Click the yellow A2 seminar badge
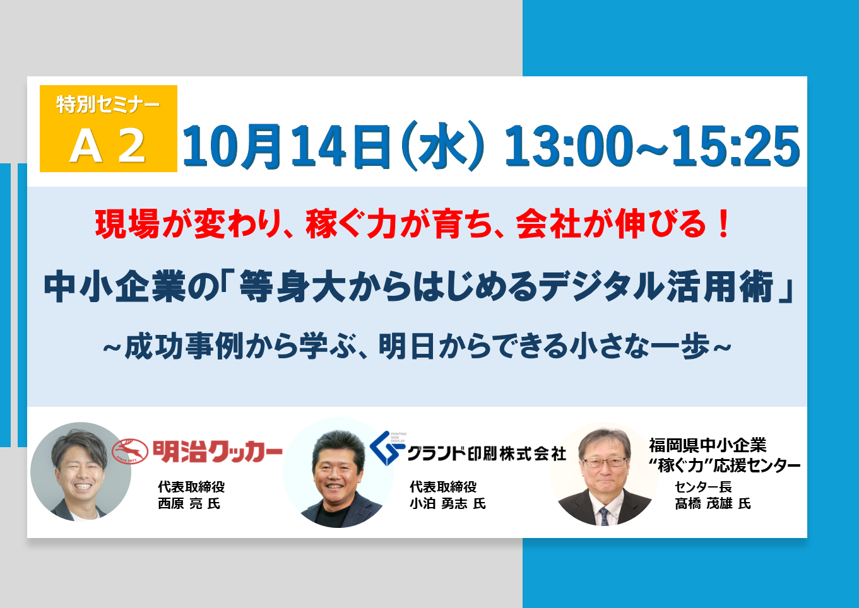[109, 128]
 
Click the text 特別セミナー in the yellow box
[108, 105]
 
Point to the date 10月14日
[287, 147]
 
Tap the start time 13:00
[569, 146]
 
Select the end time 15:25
[736, 146]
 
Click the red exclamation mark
[724, 224]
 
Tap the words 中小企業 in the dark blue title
[115, 286]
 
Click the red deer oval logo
[130, 452]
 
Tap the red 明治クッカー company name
[218, 452]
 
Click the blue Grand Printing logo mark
[386, 448]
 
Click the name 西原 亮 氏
[189, 503]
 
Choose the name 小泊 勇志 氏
[448, 503]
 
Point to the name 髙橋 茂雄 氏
[713, 503]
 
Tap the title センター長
[703, 487]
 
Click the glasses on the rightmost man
[604, 462]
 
